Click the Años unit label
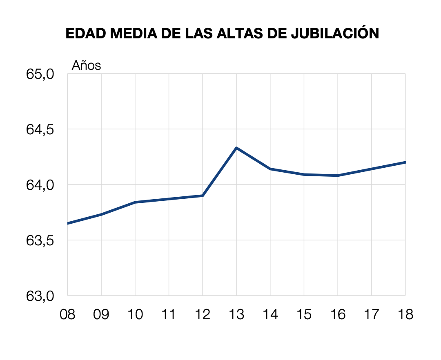pos(86,65)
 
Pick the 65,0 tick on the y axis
pos(40,74)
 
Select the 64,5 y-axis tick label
pos(40,129)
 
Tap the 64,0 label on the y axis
pos(40,185)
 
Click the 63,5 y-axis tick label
pos(40,240)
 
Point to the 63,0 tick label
pos(40,296)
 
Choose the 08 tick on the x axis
pos(67,315)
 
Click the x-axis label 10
pos(135,315)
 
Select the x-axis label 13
pos(236,315)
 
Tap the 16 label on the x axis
pos(338,315)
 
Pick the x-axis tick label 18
pos(405,315)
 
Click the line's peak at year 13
pos(236,148)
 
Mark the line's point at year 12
pos(203,196)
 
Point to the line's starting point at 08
pos(68,223)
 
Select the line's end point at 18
pos(405,162)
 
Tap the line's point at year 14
pos(270,169)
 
